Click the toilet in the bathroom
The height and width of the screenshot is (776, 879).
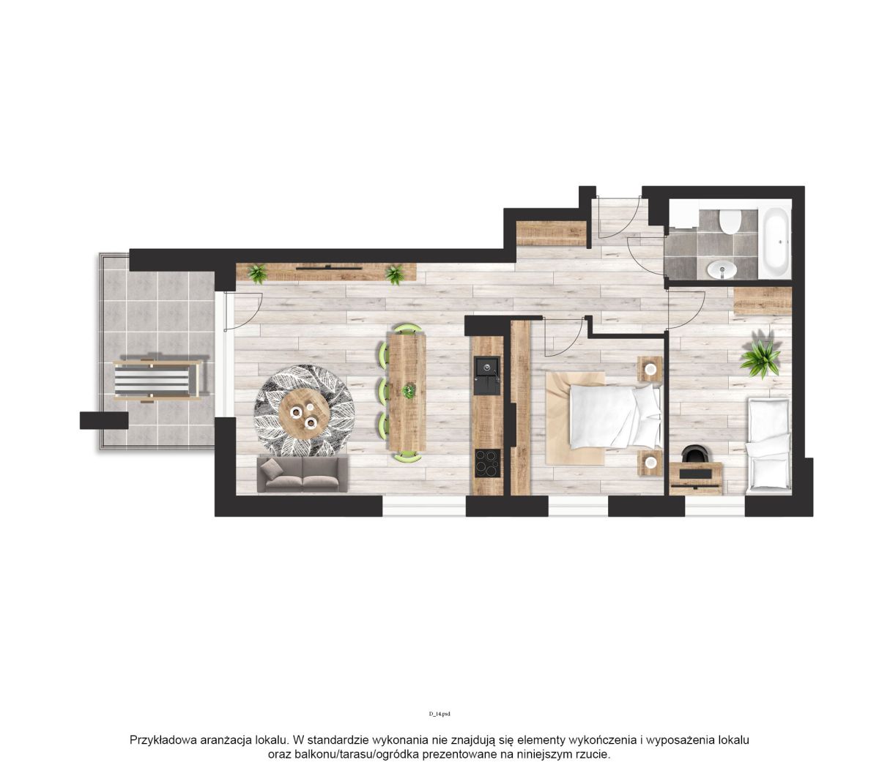728,222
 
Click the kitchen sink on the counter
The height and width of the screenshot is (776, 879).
486,376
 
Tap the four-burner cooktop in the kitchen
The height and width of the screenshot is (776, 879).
487,463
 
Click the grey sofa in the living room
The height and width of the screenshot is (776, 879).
302,474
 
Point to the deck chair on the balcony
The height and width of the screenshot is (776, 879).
157,380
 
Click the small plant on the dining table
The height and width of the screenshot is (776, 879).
408,391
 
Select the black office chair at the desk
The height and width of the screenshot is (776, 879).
694,454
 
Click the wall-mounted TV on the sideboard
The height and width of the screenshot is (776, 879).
328,268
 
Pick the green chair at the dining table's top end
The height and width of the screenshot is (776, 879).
407,329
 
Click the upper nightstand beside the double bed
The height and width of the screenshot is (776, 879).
650,369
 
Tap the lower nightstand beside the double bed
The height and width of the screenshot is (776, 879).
650,463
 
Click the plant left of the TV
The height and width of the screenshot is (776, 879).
257,273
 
